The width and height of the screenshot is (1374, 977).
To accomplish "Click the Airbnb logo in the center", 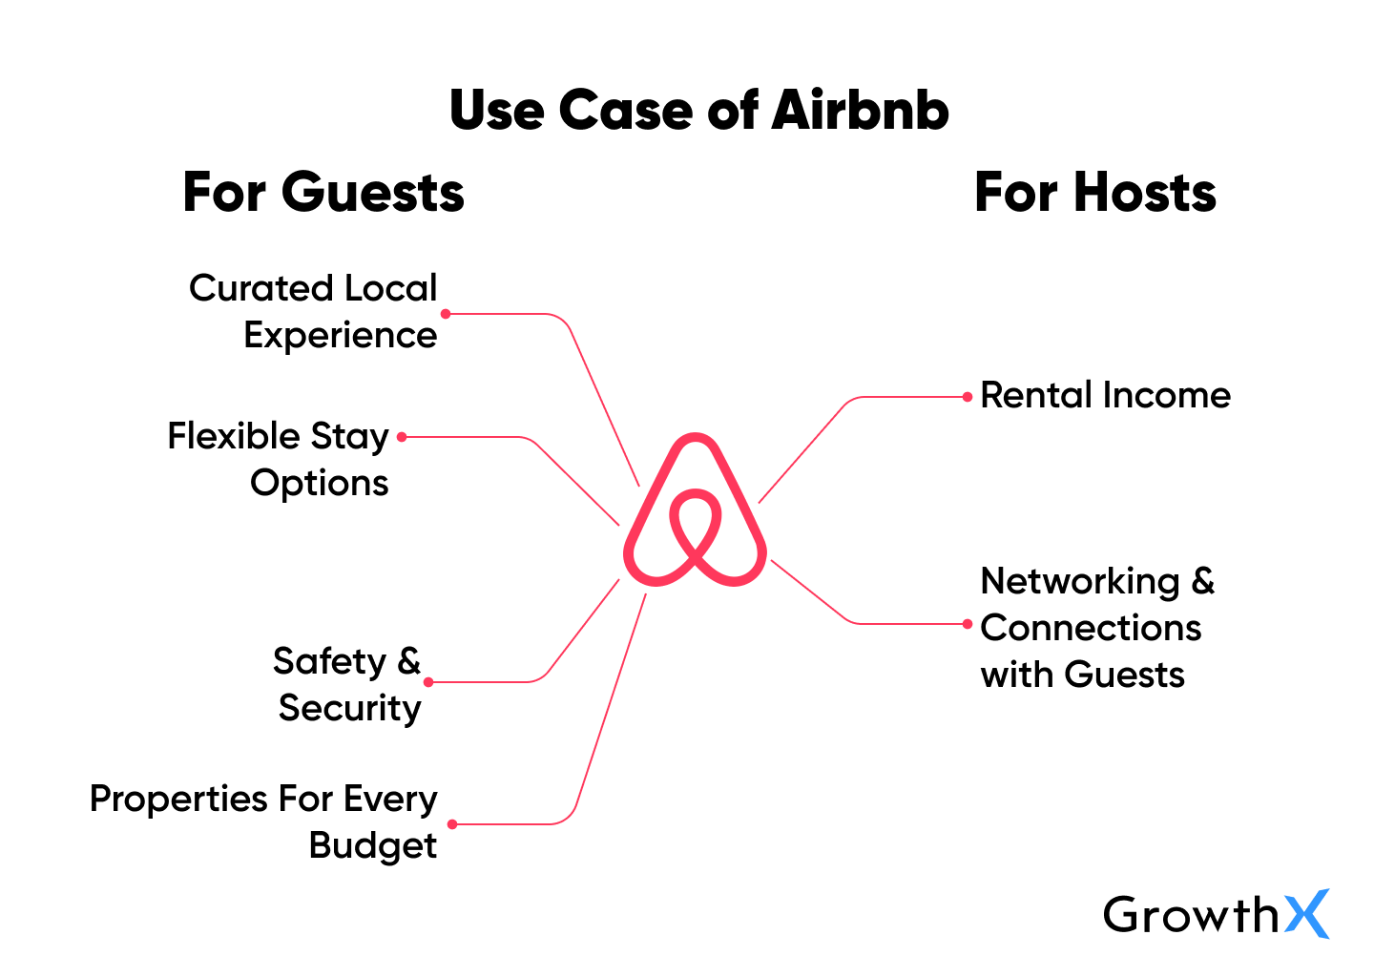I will (x=695, y=510).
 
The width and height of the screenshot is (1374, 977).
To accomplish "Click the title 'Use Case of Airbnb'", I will (x=698, y=110).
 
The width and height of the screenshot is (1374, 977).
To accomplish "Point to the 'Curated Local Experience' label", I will (x=313, y=311).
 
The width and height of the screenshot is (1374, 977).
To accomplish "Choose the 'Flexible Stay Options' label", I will (x=279, y=459).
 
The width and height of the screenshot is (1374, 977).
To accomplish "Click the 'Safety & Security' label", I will (x=347, y=684).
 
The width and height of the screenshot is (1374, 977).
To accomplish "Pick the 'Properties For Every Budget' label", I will (x=264, y=821).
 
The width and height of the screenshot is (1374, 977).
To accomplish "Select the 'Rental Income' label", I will (x=1105, y=395).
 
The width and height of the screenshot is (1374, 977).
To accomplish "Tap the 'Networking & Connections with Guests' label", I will (x=1096, y=627).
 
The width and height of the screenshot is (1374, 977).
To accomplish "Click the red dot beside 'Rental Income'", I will (x=968, y=397).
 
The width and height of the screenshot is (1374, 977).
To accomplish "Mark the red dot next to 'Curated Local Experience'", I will (x=446, y=313).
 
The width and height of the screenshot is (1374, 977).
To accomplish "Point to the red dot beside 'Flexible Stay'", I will (x=402, y=437).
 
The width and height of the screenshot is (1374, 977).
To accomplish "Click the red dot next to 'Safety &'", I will (x=428, y=682).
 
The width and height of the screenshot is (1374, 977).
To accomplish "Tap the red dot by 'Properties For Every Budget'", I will (x=452, y=824).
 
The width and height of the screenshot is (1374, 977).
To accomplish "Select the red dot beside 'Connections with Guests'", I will (x=968, y=624).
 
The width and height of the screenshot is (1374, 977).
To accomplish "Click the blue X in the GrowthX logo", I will (x=1306, y=914).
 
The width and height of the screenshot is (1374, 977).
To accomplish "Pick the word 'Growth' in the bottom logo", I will (x=1190, y=915).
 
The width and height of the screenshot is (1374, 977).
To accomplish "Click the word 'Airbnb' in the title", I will (x=860, y=110).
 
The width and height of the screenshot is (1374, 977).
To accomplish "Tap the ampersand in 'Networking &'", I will (x=1202, y=580).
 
